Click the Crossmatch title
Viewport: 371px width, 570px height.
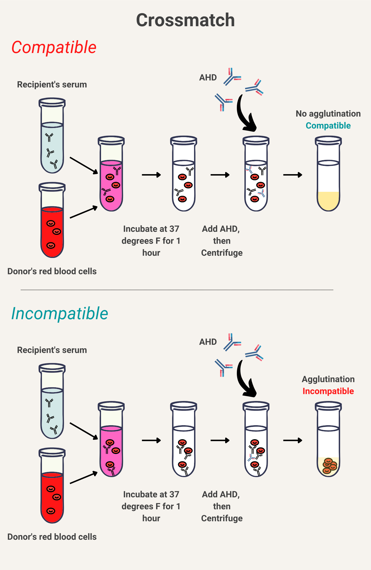185,20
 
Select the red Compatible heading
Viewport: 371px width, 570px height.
54,47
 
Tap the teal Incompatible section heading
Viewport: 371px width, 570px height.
59,314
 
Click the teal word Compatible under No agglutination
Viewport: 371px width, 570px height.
328,126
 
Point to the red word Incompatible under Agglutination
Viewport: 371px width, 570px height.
328,391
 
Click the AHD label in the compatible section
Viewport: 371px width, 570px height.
208,78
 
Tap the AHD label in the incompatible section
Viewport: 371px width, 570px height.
208,342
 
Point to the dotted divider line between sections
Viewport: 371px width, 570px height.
177,290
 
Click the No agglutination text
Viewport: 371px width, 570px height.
328,114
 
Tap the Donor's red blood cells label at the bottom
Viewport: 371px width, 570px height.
52,537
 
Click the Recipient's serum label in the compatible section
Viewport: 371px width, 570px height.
52,85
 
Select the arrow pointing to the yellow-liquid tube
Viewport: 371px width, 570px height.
293,175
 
